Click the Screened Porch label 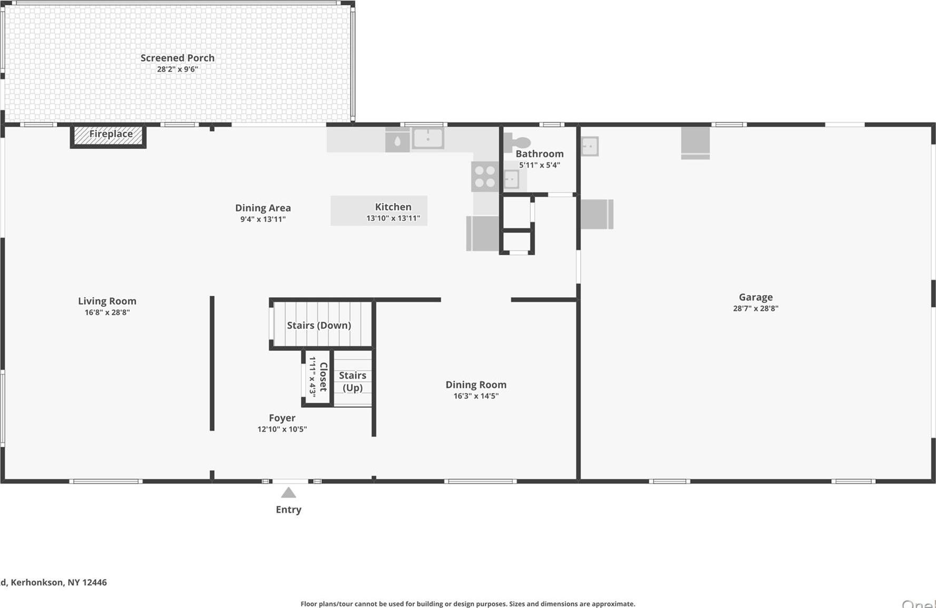click(177, 58)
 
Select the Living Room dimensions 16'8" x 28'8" click(107, 312)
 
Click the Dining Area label click(262, 208)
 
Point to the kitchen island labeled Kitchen click(379, 210)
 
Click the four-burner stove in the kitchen click(484, 177)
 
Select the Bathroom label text click(539, 153)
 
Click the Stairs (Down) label click(319, 325)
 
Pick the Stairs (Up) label click(353, 381)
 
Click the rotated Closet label click(323, 377)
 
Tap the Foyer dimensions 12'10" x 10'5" click(282, 429)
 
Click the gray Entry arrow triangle click(288, 493)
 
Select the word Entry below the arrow click(288, 509)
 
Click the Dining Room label click(475, 384)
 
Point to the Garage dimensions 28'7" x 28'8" click(755, 308)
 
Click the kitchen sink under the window click(427, 139)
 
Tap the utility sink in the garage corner click(589, 146)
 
